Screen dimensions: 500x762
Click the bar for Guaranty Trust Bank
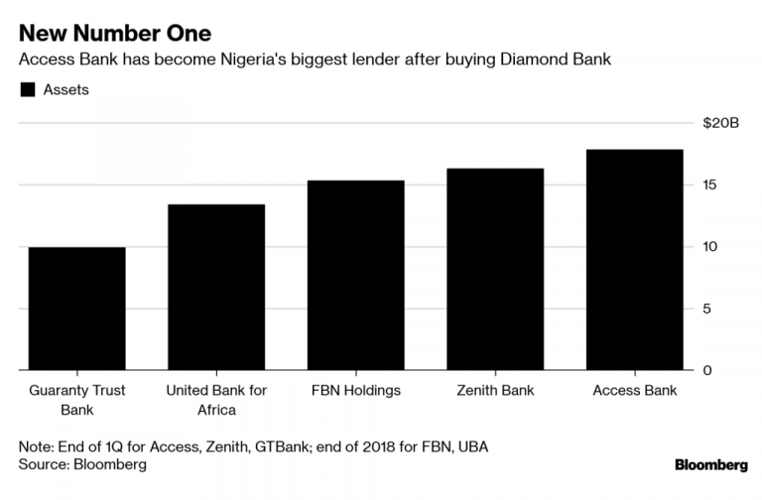[x=77, y=309]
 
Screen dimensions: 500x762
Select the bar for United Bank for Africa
[x=216, y=288]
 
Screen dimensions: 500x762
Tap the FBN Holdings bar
[x=355, y=276]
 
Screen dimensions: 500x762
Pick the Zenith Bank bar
[x=495, y=270]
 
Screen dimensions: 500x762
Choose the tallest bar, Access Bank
[x=634, y=260]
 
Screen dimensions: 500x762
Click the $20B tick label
[x=722, y=123]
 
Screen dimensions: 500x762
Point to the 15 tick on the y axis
[x=708, y=186]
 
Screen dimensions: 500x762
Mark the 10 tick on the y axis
[x=708, y=247]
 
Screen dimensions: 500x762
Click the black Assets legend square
[x=26, y=90]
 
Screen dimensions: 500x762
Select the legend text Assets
[x=65, y=90]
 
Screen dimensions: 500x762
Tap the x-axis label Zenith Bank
[x=495, y=390]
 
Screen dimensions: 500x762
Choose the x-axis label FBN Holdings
[x=355, y=390]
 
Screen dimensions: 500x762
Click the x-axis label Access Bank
[x=634, y=390]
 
